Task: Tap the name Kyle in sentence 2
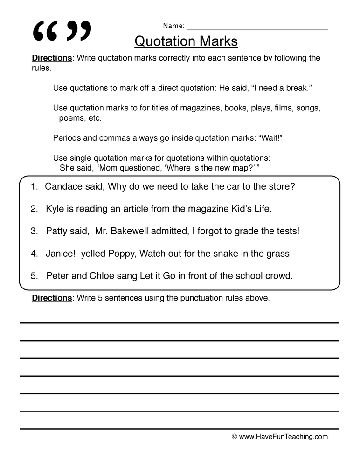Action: point(55,209)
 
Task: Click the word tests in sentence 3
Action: point(285,231)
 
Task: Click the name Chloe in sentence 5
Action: point(101,276)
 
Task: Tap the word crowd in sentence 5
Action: point(278,276)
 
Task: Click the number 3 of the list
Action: point(34,231)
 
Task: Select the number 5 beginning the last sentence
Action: point(34,276)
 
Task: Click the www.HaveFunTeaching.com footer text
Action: point(284,437)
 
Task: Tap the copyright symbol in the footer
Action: point(235,437)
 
